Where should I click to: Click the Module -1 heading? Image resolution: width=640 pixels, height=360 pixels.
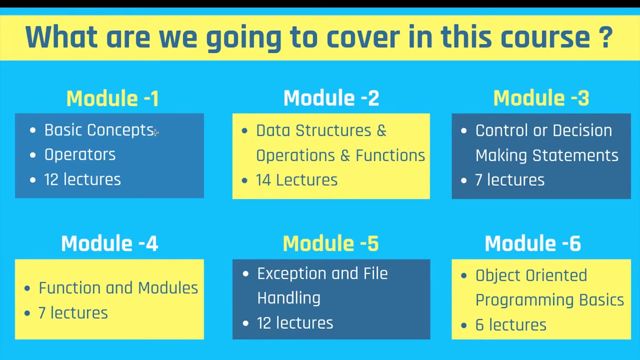coord(112,98)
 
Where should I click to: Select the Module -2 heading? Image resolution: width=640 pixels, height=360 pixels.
coord(331,98)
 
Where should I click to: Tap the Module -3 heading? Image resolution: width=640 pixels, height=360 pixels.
coord(541,98)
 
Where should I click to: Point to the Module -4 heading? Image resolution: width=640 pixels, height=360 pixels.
coord(109,243)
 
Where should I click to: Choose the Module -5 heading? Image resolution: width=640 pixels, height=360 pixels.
coord(330,243)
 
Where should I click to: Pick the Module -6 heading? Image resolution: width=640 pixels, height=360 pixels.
coord(533,243)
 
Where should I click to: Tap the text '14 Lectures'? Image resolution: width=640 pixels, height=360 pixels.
coord(296,180)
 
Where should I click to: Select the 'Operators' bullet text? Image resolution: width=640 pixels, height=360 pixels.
coord(79,155)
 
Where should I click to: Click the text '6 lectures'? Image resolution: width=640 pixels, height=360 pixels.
coord(511,325)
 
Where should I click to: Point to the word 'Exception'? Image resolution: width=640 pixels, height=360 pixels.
coord(291,273)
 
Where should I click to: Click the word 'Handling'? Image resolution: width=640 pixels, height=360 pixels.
coord(288,298)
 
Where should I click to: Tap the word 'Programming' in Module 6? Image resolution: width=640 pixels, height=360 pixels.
coord(524,300)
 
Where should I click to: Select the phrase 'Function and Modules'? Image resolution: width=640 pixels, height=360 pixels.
coord(118,287)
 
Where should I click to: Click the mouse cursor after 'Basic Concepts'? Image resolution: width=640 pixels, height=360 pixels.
coord(155,132)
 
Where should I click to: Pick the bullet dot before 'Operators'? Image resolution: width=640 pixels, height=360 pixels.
coord(33,155)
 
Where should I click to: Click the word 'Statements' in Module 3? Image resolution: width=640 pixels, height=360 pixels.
coord(575,155)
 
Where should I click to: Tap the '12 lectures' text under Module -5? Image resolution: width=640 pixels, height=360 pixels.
coord(295,323)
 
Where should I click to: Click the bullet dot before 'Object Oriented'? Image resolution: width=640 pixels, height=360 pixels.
coord(464,275)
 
